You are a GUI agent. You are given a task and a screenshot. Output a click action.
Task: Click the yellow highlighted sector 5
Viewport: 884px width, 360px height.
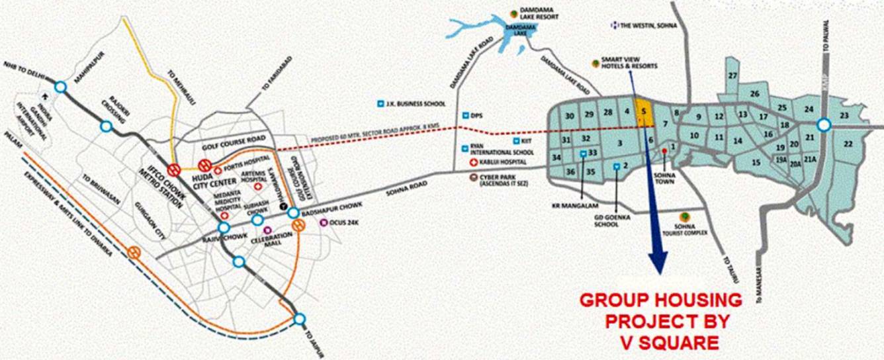point(643,113)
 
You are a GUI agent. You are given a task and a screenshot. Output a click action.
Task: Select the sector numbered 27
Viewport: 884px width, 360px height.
point(732,76)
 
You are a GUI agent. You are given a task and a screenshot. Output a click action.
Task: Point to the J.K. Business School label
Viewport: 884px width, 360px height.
point(414,104)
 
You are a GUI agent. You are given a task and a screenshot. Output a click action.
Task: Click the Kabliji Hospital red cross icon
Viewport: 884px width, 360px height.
point(473,162)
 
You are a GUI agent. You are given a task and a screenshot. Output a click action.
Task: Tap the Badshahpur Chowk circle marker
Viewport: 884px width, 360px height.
point(293,213)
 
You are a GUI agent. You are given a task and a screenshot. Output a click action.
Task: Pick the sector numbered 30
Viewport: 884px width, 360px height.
point(569,116)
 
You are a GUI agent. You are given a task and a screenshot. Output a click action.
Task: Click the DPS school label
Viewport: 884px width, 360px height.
point(476,114)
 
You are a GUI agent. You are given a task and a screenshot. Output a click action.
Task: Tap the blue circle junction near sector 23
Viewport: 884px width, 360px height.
point(823,124)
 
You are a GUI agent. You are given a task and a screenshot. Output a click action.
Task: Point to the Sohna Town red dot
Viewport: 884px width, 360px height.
point(664,152)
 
